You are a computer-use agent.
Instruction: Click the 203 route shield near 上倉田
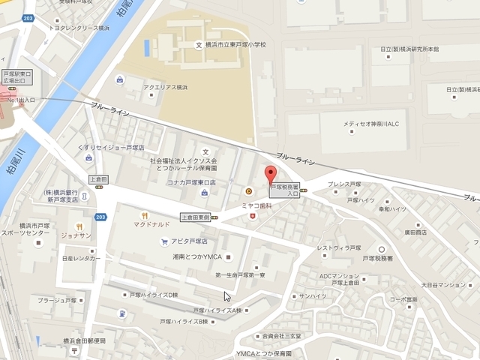(x=100, y=216)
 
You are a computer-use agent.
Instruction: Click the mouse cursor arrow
(x=226, y=295)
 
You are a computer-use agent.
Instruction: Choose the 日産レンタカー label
(x=81, y=259)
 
